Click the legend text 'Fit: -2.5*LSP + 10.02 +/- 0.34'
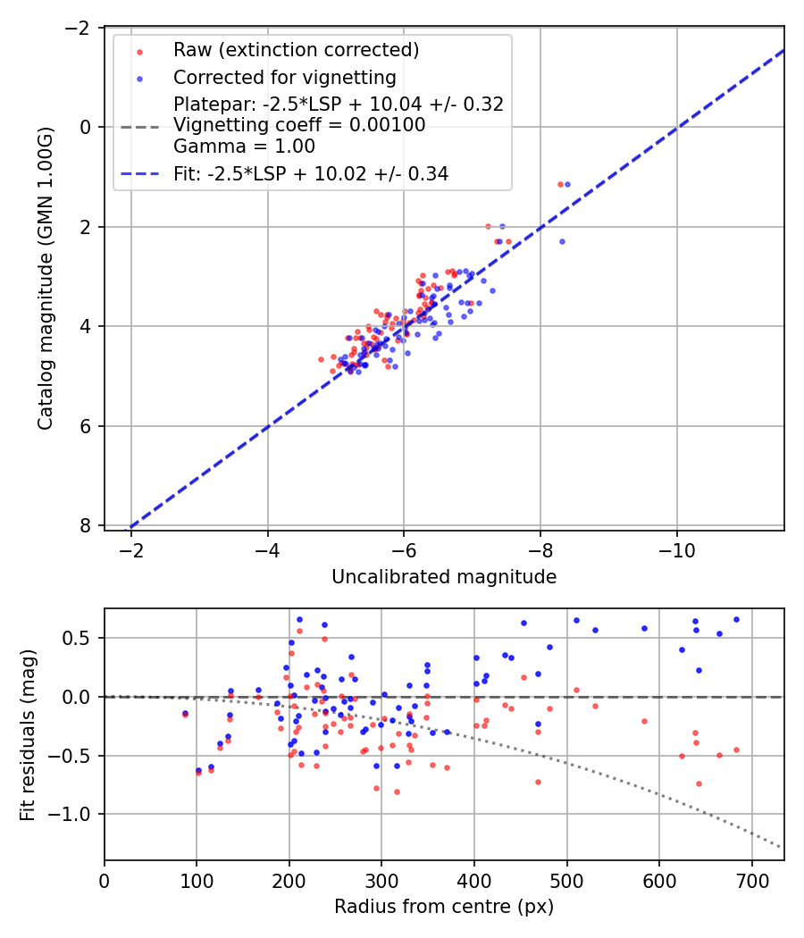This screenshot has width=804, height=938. (311, 174)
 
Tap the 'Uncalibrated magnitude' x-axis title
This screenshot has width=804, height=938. (444, 577)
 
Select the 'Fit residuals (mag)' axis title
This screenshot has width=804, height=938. (27, 734)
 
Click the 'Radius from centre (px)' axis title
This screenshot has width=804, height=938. (444, 907)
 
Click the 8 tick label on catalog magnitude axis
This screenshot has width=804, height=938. (87, 525)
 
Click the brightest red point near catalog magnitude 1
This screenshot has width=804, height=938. (560, 184)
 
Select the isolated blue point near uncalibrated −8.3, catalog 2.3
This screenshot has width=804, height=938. (562, 241)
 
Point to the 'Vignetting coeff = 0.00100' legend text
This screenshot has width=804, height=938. (299, 125)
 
